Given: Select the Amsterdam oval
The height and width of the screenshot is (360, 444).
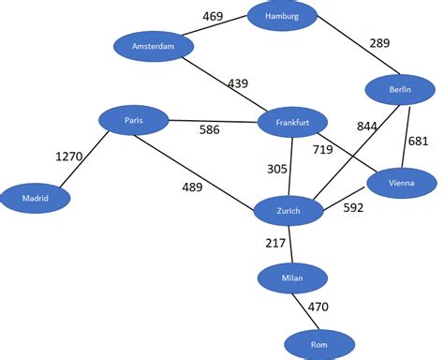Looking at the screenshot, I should [154, 47].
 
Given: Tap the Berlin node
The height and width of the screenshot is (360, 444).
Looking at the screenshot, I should [400, 90].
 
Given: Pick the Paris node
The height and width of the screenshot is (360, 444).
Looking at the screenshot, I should [134, 120].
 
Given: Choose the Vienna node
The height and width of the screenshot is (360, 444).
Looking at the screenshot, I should [400, 182].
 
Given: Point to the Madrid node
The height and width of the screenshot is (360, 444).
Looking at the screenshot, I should [36, 198].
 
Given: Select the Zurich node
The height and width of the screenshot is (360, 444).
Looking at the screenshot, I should [289, 211].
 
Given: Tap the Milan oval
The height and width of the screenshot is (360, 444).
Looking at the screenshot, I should [293, 277].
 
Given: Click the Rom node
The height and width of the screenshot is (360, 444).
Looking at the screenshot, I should [319, 345].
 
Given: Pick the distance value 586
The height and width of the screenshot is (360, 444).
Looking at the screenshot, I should [210, 129].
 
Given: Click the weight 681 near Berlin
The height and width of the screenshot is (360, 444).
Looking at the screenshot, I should [418, 141].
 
